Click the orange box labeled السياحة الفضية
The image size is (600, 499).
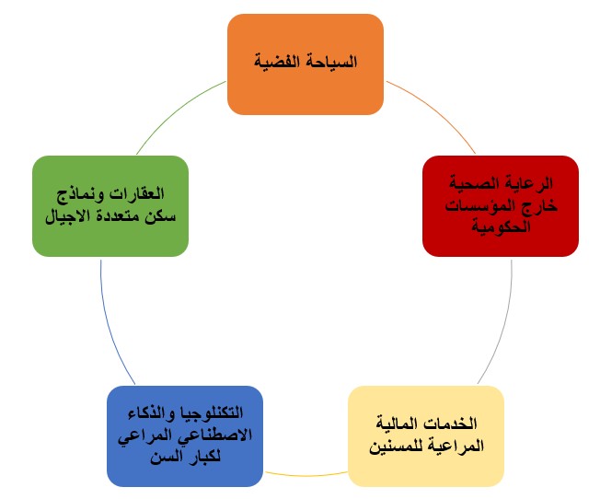[306, 64]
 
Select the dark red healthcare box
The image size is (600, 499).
[501, 206]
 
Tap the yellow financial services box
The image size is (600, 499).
[426, 436]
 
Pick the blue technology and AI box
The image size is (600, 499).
[185, 436]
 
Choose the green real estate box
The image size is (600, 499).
[110, 206]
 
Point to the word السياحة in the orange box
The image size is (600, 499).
[330, 62]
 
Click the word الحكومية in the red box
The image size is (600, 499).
[501, 226]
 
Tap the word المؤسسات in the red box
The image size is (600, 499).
[479, 206]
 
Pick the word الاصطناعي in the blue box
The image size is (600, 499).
[213, 435]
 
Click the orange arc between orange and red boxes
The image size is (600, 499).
[435, 110]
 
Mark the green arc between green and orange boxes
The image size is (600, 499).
[176, 111]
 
